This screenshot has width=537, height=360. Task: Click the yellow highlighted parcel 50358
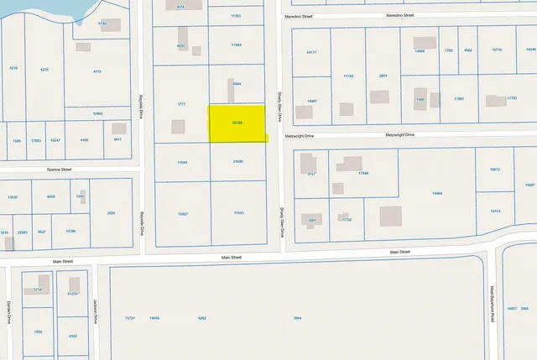tap(237, 123)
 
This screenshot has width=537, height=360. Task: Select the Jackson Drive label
tap(96, 311)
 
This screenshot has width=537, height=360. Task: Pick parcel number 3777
tap(180, 104)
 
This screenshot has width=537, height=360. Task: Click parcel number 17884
tap(236, 44)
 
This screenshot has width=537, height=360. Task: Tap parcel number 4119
tap(96, 71)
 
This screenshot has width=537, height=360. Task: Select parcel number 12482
tap(97, 113)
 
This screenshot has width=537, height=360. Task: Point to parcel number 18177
tap(311, 53)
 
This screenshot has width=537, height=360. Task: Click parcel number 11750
tap(348, 76)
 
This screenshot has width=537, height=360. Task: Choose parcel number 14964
tap(437, 194)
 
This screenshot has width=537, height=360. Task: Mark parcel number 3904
tap(297, 318)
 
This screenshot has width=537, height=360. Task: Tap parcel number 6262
tap(201, 318)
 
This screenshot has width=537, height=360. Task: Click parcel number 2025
tap(111, 213)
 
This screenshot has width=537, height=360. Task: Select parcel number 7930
tap(38, 331)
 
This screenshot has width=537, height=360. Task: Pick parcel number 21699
tap(237, 162)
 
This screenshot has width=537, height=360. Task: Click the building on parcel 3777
tap(178, 127)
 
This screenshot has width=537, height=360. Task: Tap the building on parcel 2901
tap(379, 96)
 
